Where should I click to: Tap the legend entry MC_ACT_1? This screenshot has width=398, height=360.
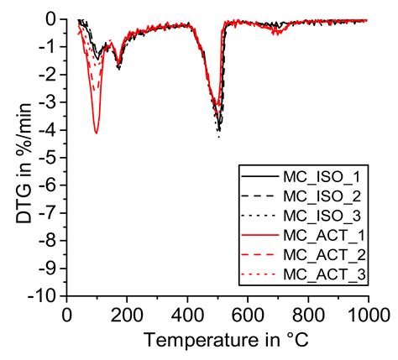click(x=321, y=236)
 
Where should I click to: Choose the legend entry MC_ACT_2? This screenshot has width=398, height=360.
click(x=321, y=255)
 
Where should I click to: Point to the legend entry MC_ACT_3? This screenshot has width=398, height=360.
click(x=321, y=274)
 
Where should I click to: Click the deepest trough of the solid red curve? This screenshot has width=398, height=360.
click(x=97, y=133)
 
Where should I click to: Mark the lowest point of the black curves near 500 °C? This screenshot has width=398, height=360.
click(x=219, y=134)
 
